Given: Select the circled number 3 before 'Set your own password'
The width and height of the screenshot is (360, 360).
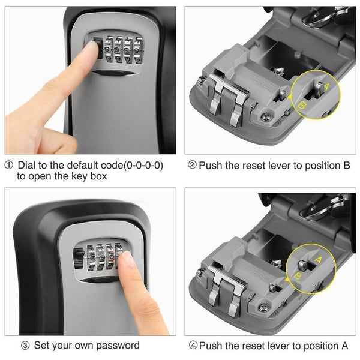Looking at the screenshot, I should pyautogui.click(x=26, y=345).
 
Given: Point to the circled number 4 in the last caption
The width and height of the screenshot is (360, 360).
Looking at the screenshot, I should pyautogui.click(x=191, y=345).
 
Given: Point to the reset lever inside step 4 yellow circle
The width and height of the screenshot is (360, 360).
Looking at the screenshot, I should pyautogui.click(x=309, y=264).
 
